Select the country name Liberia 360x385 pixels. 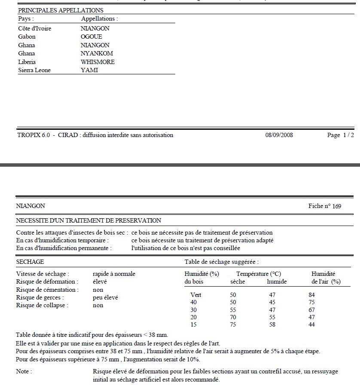(27, 62)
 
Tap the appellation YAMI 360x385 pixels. (89, 70)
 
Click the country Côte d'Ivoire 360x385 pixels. (34, 28)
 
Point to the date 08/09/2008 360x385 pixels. (279, 135)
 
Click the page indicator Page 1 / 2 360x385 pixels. (340, 135)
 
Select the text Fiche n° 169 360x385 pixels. (325, 206)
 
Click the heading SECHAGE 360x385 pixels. (30, 262)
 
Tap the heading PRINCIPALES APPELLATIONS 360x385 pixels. (61, 10)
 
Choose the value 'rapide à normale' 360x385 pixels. (114, 274)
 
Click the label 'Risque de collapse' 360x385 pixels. (42, 306)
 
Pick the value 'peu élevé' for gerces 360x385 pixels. (105, 297)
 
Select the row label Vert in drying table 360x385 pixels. (195, 295)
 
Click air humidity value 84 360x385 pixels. (312, 295)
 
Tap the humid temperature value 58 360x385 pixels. (272, 325)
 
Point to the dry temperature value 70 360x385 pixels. (233, 317)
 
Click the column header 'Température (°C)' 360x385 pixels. (258, 274)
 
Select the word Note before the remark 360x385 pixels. (24, 371)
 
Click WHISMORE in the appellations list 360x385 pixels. (98, 62)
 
